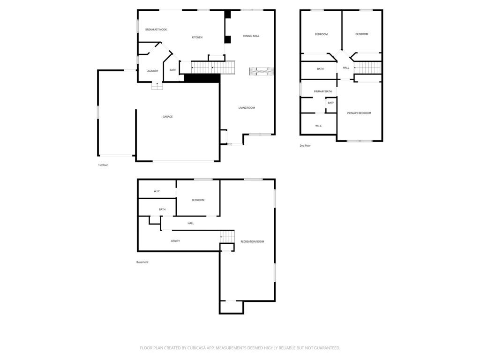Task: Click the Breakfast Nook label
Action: pos(156,30)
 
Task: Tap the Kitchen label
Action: pos(197,37)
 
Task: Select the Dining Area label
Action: pos(251,36)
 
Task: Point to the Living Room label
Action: pos(247,108)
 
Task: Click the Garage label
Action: pos(167,117)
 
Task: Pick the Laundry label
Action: pos(152,71)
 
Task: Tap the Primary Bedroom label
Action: pos(359,113)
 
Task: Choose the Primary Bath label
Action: pos(323,91)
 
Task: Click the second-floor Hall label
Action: pos(346,67)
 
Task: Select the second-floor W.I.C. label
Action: pos(319,126)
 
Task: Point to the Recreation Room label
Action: pos(252,241)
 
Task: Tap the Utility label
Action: pos(175,241)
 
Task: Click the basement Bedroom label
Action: pos(198,200)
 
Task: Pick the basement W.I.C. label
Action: pos(157,191)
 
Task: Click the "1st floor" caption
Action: pos(103,165)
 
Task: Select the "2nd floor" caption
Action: pos(305,146)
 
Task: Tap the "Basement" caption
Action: pos(142,262)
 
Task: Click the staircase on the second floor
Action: pos(367,67)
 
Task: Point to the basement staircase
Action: pos(227,237)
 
